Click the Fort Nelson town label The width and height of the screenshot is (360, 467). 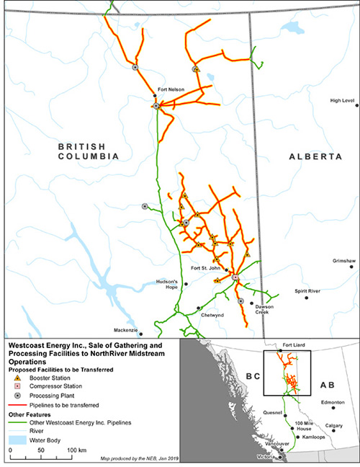[x=167, y=90]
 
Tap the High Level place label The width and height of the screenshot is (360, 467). [x=343, y=100]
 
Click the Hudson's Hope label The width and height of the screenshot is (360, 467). [x=166, y=284]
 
